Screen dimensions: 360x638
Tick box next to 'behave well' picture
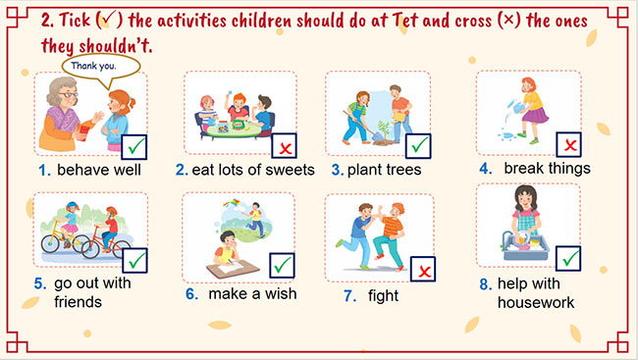pos(134,147)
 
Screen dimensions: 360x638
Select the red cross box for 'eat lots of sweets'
pos(285,147)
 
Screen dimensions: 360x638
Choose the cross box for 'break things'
pos(568,144)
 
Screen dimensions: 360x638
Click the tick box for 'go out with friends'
pos(134,260)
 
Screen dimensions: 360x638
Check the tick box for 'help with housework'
pos(568,259)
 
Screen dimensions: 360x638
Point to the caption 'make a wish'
pos(252,293)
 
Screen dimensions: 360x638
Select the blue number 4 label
pos(485,168)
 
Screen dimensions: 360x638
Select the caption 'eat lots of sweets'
pos(252,170)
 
